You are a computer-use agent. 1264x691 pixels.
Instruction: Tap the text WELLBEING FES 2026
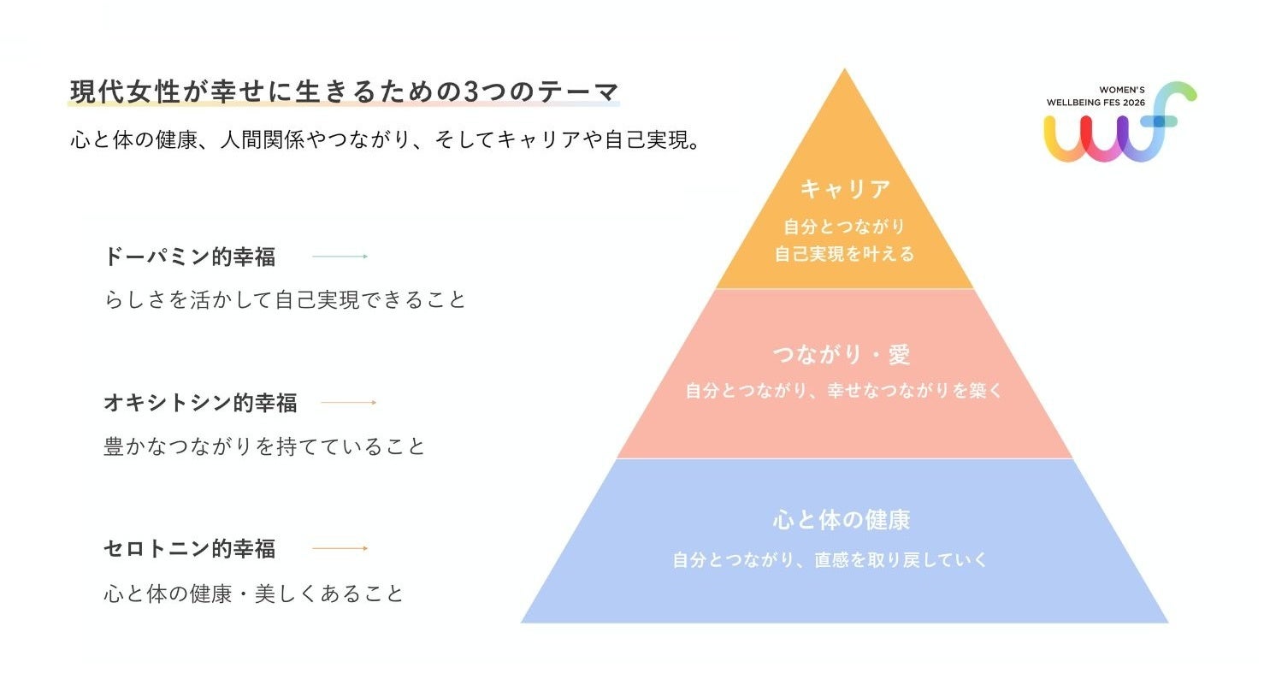(x=1096, y=103)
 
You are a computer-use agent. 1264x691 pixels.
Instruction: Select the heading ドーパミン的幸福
(x=190, y=257)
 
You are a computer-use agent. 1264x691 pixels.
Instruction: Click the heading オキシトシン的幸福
(x=200, y=403)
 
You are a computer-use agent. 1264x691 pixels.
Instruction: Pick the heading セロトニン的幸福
(x=190, y=548)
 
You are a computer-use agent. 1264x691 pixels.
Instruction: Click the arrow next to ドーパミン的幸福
(x=340, y=256)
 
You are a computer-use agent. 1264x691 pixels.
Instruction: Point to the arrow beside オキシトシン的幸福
(x=348, y=402)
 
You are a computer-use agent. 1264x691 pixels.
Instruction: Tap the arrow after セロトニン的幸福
(x=340, y=547)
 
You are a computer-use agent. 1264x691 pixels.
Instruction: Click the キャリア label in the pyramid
(x=845, y=189)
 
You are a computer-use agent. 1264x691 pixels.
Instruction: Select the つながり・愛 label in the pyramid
(x=842, y=355)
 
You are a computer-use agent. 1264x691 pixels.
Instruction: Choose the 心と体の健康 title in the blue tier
(x=842, y=519)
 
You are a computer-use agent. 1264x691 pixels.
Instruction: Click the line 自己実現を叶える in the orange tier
(x=844, y=254)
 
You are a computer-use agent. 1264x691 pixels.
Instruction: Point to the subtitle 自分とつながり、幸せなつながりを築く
(x=843, y=390)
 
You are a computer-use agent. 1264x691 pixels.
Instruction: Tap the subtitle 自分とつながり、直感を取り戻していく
(x=830, y=559)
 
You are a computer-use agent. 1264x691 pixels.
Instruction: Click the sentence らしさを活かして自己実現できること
(x=285, y=299)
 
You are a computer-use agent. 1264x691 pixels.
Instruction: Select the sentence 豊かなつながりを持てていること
(x=264, y=446)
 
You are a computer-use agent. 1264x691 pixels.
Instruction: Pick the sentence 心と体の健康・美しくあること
(x=253, y=594)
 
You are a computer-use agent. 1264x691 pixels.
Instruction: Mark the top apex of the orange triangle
(x=844, y=68)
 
